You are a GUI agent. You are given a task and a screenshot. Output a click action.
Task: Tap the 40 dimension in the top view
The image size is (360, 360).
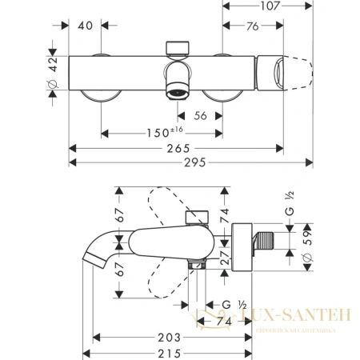pos(87,26)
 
